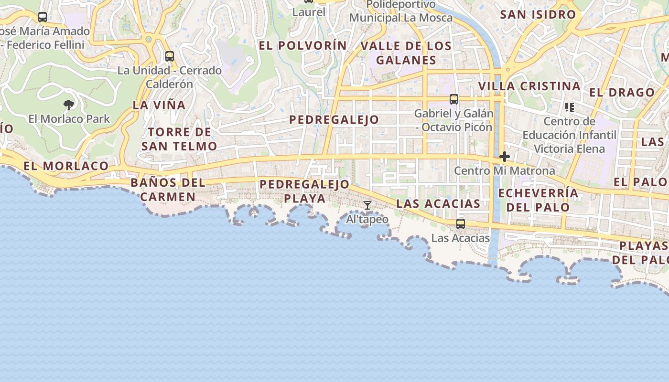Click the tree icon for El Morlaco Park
click(x=69, y=105)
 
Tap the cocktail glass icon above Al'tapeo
click(x=367, y=205)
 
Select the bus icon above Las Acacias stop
click(x=461, y=223)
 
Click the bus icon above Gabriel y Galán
click(x=454, y=99)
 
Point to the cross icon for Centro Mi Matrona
click(x=505, y=157)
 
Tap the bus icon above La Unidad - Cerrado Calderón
click(x=170, y=56)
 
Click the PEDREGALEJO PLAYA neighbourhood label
click(x=305, y=191)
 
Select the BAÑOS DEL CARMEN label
click(x=168, y=190)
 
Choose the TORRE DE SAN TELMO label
click(x=179, y=139)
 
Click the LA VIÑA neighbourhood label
click(x=159, y=105)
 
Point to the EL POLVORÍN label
click(x=303, y=46)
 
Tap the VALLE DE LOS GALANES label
click(x=406, y=53)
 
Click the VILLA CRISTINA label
click(x=529, y=86)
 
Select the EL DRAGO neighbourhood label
click(x=622, y=93)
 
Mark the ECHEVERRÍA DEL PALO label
click(x=539, y=200)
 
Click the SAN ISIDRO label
click(x=538, y=15)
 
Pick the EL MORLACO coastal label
click(x=66, y=166)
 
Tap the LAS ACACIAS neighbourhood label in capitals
click(x=438, y=204)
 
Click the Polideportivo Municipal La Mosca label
click(x=401, y=11)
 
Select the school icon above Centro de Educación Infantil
click(x=569, y=107)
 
